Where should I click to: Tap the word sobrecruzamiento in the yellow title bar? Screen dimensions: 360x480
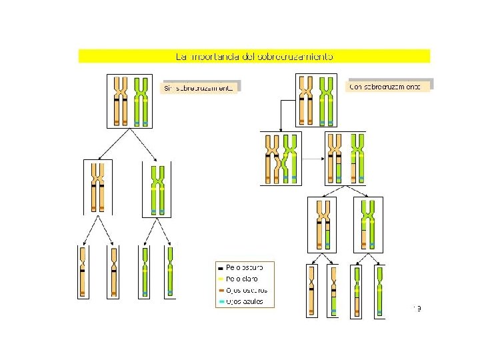296,57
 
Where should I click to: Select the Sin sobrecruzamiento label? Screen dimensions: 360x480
199,88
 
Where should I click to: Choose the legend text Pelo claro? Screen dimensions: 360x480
242,279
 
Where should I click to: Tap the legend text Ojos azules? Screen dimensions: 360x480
245,301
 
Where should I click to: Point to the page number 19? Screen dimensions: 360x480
417,307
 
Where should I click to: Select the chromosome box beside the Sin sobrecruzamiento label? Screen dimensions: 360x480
131,101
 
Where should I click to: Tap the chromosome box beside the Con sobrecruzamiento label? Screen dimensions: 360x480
315,99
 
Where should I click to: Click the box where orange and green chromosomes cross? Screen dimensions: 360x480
280,158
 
